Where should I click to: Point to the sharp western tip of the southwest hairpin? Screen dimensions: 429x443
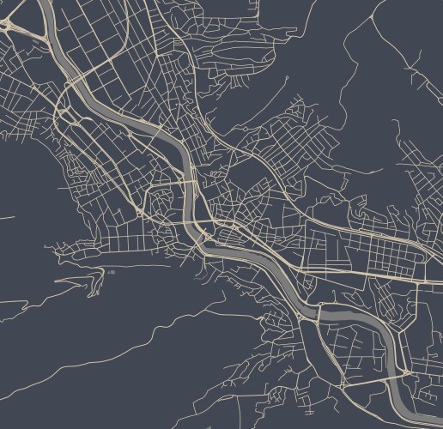point(55,281)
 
